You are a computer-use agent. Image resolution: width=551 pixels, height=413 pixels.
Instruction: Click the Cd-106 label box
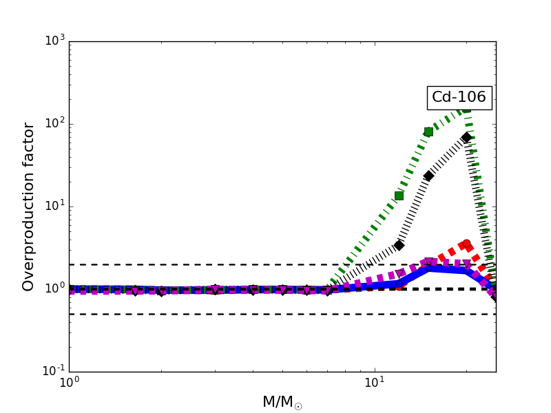pos(459,98)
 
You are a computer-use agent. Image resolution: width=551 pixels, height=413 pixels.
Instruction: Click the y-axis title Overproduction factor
pos(29,206)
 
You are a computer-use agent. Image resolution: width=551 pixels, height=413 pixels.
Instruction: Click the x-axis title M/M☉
pos(282,402)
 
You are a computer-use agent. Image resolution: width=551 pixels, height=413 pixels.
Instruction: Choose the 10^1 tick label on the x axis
pos(374,384)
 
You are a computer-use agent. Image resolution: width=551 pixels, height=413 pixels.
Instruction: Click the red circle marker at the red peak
pos(466,244)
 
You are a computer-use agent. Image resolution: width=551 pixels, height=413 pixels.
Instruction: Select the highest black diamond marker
pos(466,137)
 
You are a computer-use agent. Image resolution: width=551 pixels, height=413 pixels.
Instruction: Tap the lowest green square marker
pos(399,195)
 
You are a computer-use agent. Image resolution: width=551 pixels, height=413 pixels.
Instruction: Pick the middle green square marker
pos(428,131)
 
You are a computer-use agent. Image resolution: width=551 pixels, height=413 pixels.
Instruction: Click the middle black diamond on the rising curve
pos(428,176)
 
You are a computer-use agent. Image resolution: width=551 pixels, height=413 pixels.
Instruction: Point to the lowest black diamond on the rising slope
pos(399,245)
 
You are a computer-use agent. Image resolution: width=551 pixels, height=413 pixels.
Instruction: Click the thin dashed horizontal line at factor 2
pos(207,264)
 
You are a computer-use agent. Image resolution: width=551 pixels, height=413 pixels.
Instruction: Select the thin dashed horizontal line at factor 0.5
pos(207,314)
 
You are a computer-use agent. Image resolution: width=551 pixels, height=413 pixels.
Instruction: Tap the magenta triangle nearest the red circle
pos(468,264)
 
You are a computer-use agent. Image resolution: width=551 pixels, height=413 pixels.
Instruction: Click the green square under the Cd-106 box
pos(466,108)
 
